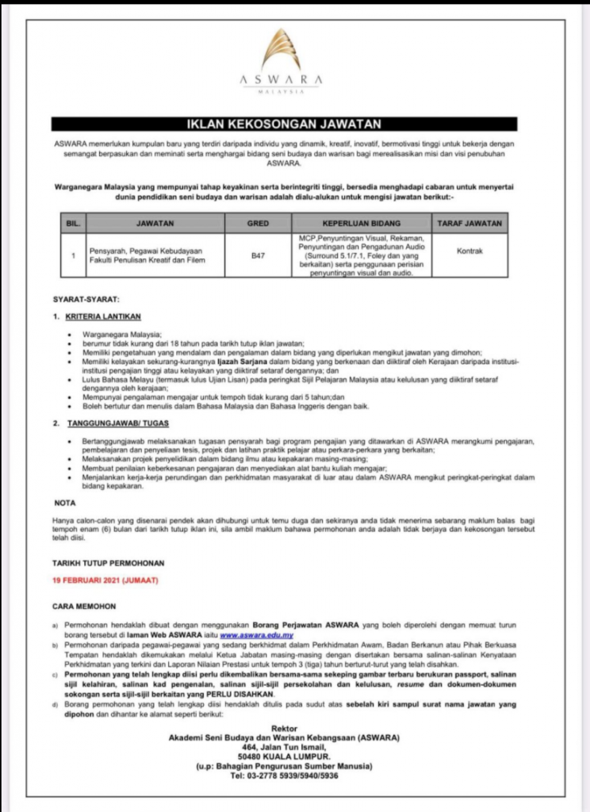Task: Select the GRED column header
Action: click(x=258, y=224)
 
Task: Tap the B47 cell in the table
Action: click(x=258, y=255)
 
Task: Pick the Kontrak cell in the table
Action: click(x=469, y=251)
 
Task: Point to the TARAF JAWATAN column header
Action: click(x=470, y=224)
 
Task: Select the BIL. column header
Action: click(x=72, y=224)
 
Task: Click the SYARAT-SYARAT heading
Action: click(x=86, y=300)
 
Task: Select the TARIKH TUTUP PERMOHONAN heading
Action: click(x=109, y=562)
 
